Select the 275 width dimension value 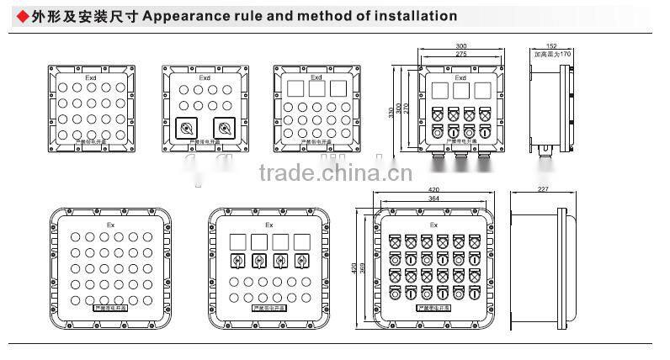click(x=460, y=54)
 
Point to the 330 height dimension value click(x=391, y=113)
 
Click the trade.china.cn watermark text click(x=335, y=175)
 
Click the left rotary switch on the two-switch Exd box click(x=186, y=128)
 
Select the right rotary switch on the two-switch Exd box click(x=222, y=128)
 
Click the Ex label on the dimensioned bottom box click(x=433, y=225)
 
